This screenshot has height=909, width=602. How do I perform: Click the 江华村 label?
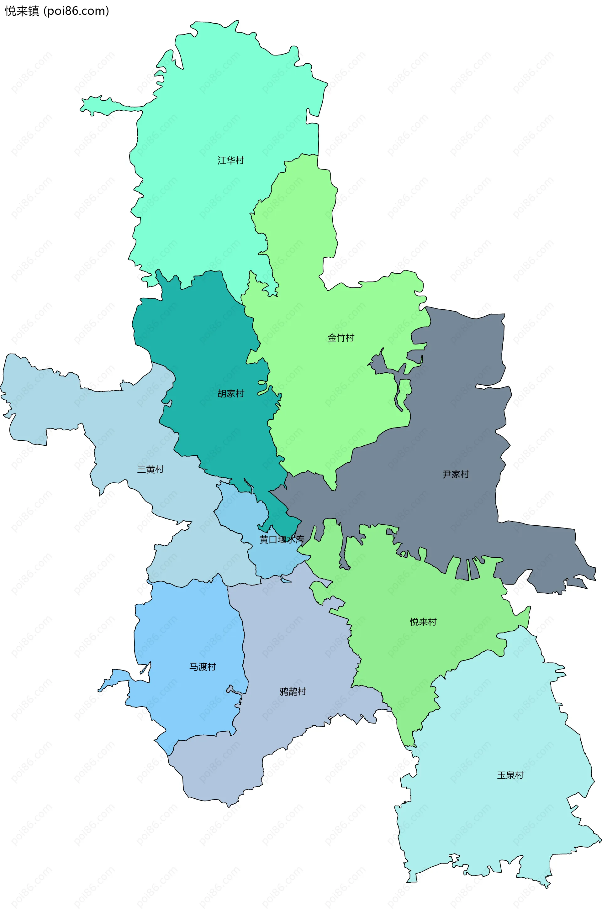231,160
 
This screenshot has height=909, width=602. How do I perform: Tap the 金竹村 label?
341,338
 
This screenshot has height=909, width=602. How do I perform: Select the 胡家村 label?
231,393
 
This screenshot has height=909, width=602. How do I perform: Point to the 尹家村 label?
456,474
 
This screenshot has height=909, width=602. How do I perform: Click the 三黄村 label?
150,469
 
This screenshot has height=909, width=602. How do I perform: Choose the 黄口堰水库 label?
282,539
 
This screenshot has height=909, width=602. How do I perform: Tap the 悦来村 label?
423,622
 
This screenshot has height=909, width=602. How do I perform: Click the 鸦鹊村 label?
293,691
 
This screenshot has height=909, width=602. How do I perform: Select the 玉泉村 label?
510,775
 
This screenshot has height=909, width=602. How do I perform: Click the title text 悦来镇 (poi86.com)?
57,11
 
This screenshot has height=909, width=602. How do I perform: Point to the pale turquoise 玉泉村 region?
499,825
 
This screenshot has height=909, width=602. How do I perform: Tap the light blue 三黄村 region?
115,422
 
